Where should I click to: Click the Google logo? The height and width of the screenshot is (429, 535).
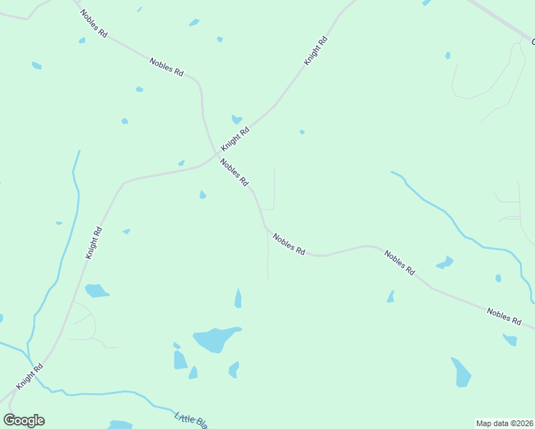coord(24,420)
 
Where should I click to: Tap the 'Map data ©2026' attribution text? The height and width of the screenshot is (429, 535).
coord(504,423)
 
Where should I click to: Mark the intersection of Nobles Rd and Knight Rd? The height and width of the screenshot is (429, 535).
coord(216,154)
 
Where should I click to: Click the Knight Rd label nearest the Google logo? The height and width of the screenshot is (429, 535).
coord(30,375)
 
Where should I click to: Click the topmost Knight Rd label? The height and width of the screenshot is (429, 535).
coord(315,51)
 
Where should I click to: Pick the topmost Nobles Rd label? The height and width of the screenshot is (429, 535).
coord(93,24)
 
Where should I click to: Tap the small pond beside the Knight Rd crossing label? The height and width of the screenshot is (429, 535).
coord(236,119)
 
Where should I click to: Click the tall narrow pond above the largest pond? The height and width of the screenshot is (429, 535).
coord(238,298)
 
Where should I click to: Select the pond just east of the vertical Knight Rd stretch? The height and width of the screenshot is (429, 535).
coord(96,290)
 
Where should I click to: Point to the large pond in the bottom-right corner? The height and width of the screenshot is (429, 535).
coord(462,372)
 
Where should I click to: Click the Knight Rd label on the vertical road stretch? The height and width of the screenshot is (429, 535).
coord(94,243)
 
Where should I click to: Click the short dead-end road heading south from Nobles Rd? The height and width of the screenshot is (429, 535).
coord(267,257)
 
